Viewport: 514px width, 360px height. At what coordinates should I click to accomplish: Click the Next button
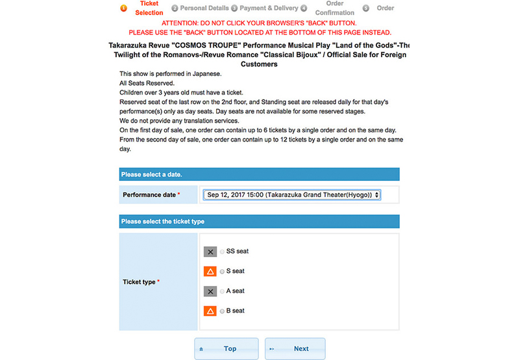point(295,348)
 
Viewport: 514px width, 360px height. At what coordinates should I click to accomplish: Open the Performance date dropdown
point(291,195)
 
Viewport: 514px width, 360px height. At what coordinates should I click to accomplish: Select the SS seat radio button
point(222,252)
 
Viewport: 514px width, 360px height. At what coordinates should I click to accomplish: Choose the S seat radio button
point(222,271)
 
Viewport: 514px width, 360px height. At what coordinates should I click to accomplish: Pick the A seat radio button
point(222,291)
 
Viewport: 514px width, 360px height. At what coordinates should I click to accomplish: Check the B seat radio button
point(222,311)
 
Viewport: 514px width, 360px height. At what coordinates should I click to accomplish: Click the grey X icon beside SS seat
point(210,252)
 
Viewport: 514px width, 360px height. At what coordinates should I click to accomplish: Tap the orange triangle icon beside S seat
point(210,271)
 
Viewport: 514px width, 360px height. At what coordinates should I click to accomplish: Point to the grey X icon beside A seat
point(210,291)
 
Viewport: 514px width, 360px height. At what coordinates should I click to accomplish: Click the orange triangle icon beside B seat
point(210,311)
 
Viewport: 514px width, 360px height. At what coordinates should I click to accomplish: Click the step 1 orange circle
point(123,8)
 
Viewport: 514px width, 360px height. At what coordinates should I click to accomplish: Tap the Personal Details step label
point(204,8)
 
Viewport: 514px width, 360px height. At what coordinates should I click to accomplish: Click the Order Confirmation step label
point(334,8)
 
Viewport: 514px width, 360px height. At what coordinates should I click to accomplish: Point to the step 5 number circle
point(366,8)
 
